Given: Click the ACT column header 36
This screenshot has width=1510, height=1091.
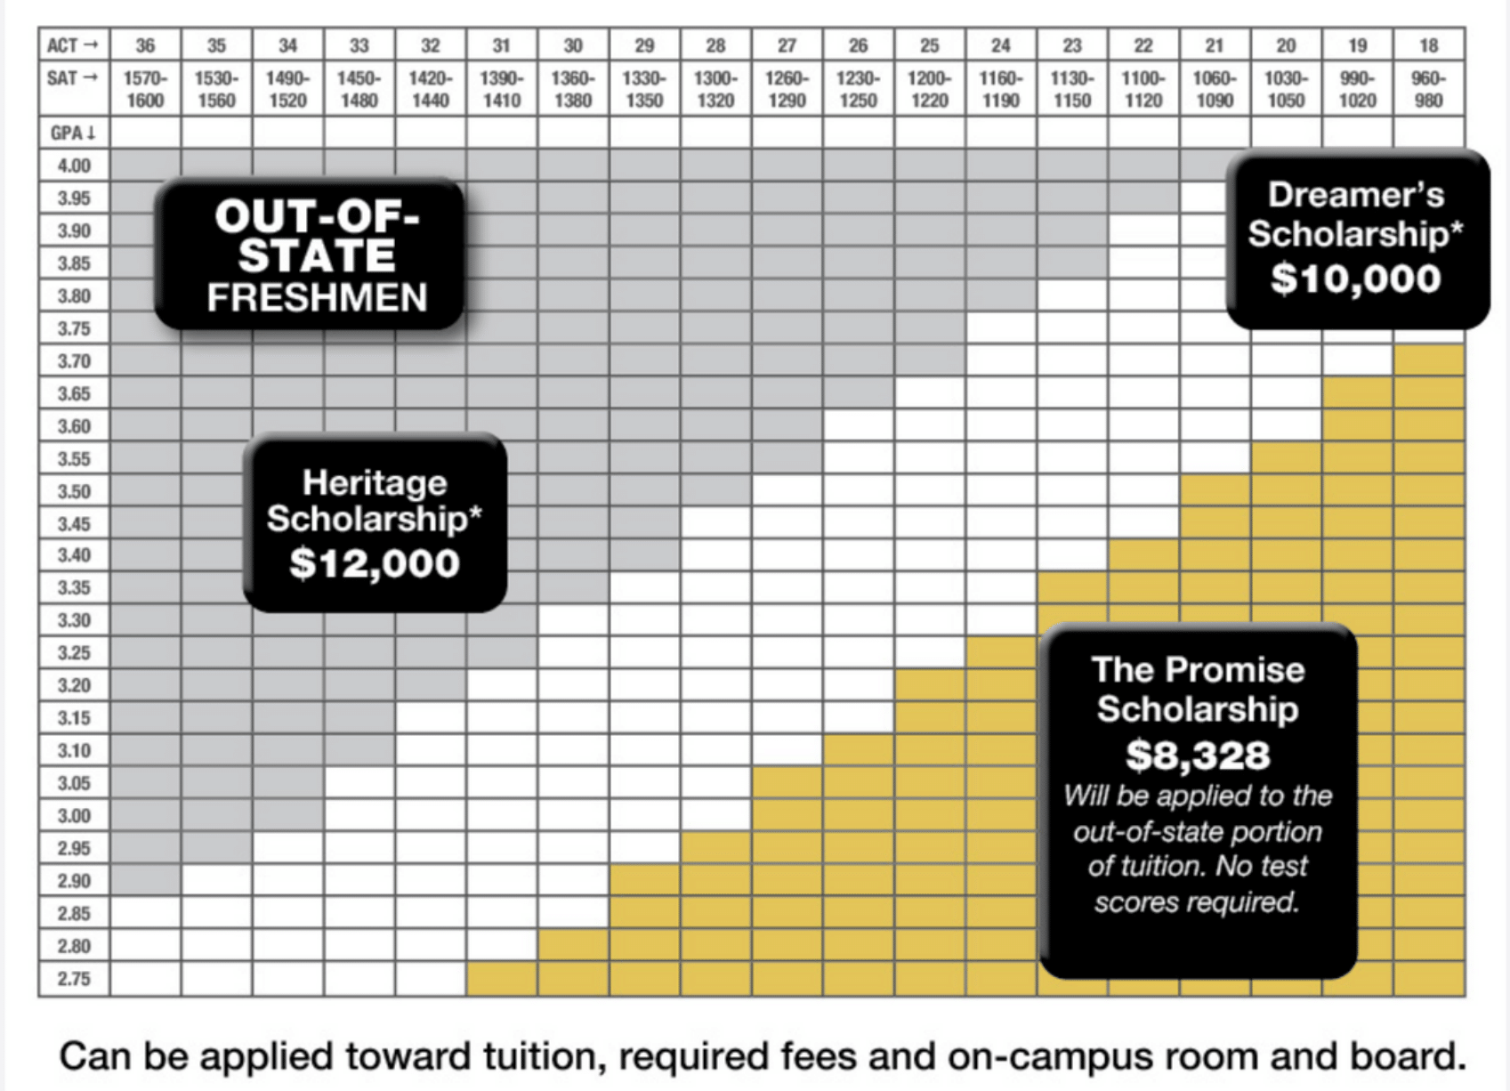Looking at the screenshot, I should coord(145,45).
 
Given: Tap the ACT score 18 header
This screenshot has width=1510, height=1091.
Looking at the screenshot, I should coord(1428,45).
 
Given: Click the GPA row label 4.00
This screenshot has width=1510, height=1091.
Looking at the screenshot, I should coord(74,166).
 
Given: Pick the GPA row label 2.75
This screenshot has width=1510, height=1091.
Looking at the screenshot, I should coord(74,979).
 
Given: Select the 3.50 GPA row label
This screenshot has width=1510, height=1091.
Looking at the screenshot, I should coord(74,491).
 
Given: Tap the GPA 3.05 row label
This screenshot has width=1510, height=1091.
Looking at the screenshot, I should coord(74,783).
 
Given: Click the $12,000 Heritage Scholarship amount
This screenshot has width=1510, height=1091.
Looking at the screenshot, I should coord(375,563).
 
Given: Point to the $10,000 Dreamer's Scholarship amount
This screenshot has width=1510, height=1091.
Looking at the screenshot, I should coord(1355,278).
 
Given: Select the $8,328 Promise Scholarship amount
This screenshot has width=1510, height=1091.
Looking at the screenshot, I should coord(1198,756).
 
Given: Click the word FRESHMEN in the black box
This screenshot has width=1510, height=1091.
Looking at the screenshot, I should coord(317,298).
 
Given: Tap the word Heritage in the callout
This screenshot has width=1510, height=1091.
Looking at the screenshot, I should coord(375,482).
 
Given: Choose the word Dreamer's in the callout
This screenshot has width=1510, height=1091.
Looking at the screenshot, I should coord(1355,195).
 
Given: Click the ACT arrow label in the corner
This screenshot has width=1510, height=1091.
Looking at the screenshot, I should coord(73,45).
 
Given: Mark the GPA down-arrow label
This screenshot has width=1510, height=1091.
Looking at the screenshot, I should coord(73,133).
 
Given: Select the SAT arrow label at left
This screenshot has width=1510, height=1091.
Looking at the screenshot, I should coord(73,78).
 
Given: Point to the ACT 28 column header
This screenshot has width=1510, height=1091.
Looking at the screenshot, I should coord(715,45).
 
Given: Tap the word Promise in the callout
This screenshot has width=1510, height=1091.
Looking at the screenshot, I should coord(1249,670).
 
